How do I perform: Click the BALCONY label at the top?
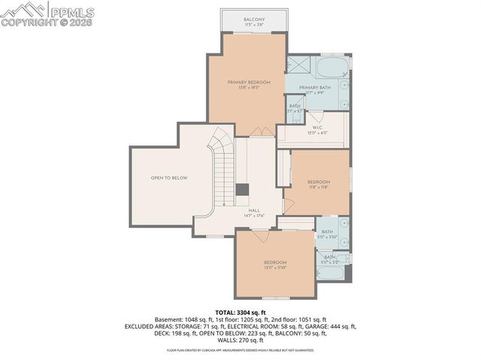pyautogui.click(x=253, y=20)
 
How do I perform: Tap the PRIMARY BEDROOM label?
pyautogui.click(x=249, y=82)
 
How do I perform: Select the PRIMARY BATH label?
pyautogui.click(x=315, y=87)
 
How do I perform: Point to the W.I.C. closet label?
pyautogui.click(x=318, y=128)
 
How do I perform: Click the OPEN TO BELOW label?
pyautogui.click(x=168, y=178)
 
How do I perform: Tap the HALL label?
pyautogui.click(x=254, y=210)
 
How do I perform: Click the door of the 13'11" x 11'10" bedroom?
pyautogui.click(x=259, y=235)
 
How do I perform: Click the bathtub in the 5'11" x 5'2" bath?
pyautogui.click(x=331, y=271)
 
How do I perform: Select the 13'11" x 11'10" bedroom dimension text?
pyautogui.click(x=275, y=267)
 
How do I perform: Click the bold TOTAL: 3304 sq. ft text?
pyautogui.click(x=240, y=311)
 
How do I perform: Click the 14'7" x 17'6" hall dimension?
pyautogui.click(x=254, y=216)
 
